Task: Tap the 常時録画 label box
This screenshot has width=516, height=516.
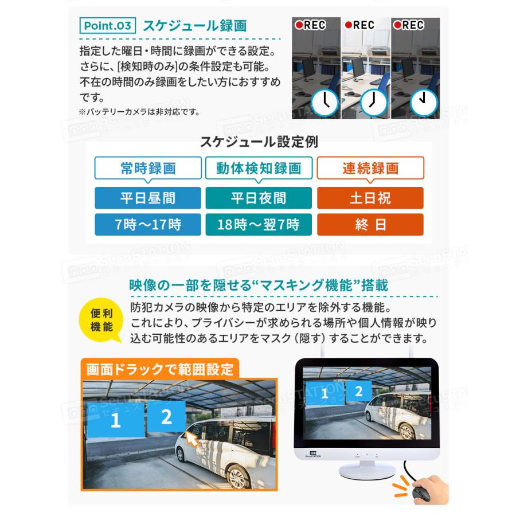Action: click(148, 169)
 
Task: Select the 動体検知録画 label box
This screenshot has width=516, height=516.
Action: click(259, 169)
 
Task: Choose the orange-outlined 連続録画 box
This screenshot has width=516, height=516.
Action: click(370, 169)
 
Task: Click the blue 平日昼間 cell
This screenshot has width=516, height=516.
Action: click(148, 198)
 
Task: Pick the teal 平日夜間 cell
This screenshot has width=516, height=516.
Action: click(259, 198)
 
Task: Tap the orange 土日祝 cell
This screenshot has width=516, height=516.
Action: click(370, 198)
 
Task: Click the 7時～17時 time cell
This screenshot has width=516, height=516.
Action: click(148, 224)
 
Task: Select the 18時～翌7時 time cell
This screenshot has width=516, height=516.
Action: click(259, 224)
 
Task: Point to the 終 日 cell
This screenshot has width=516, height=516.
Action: click(370, 224)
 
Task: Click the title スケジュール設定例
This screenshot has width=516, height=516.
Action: click(259, 141)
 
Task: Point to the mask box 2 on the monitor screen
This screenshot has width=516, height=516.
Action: click(358, 392)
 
